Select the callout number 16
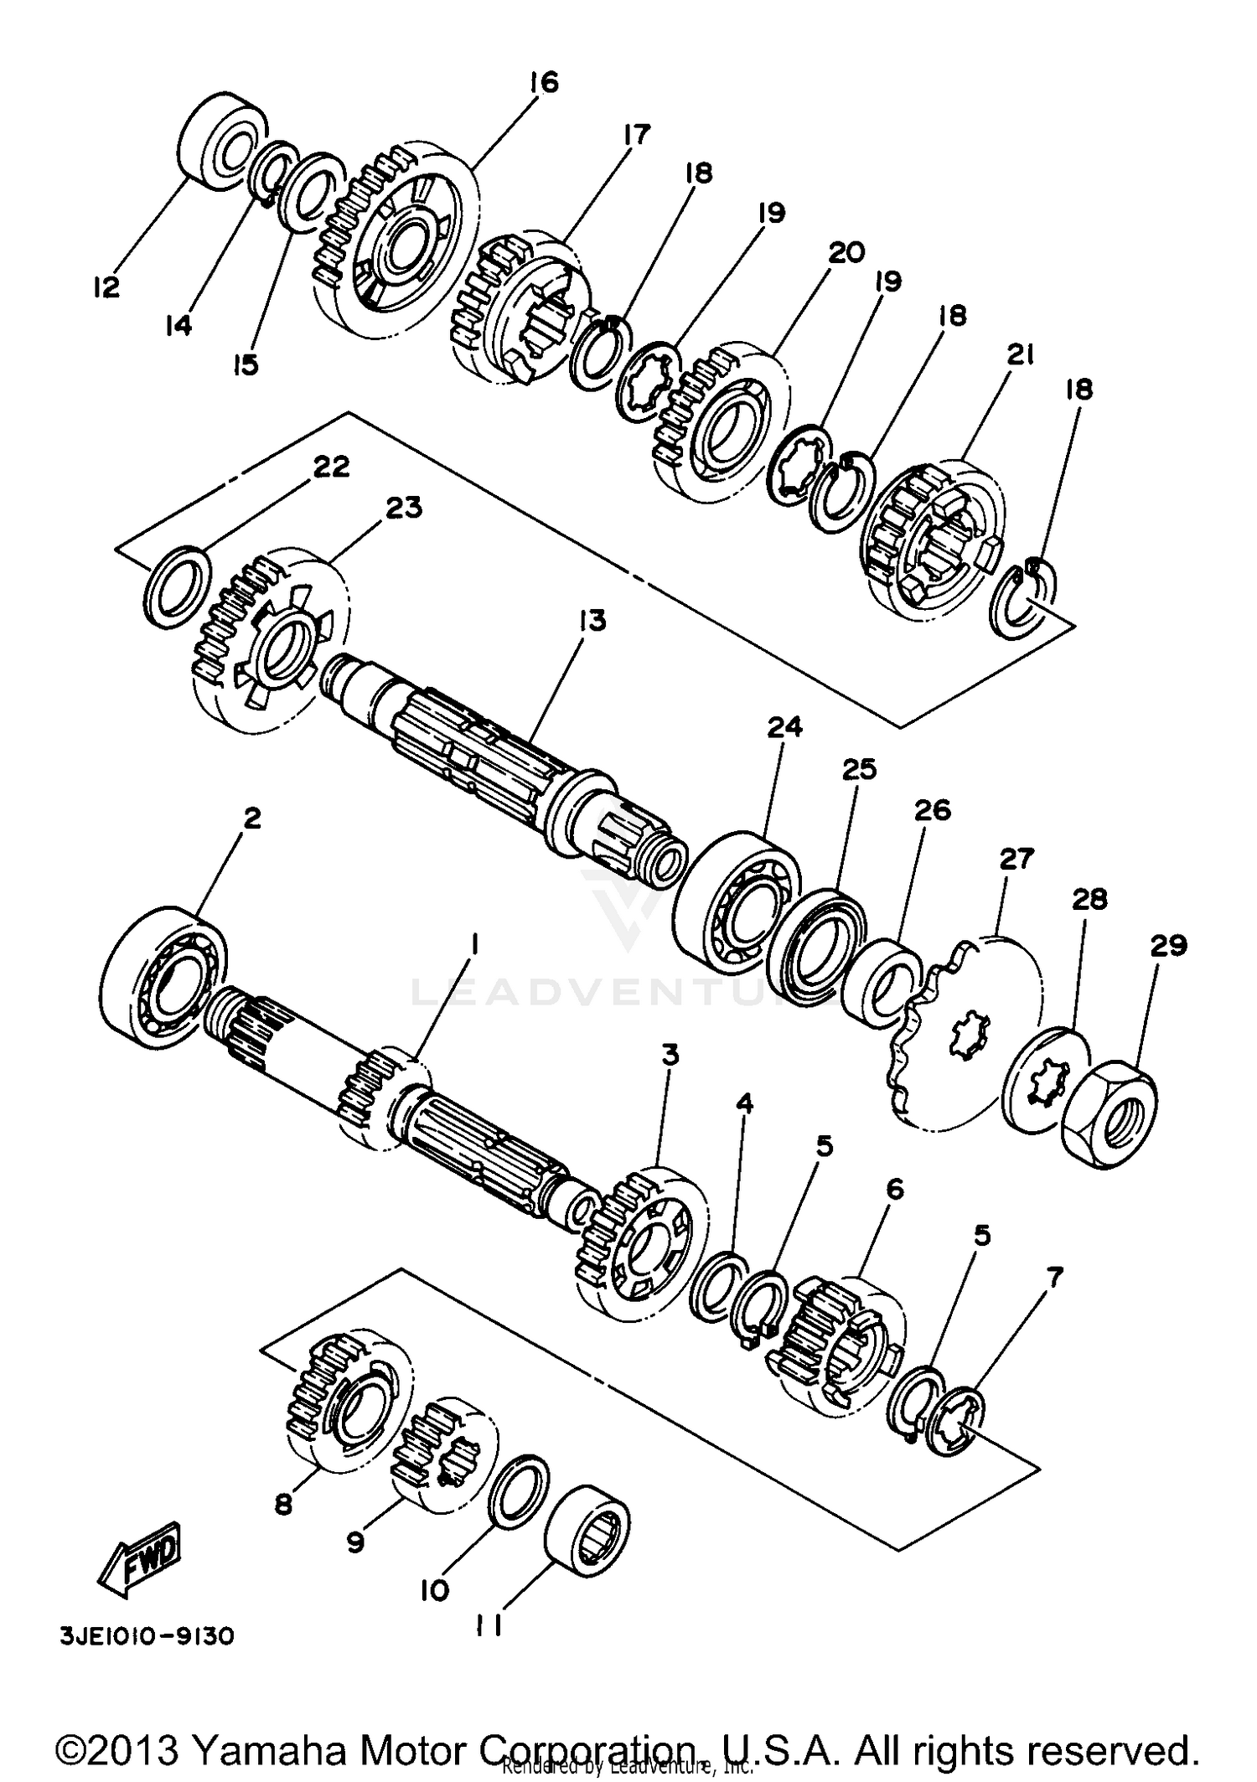point(543,82)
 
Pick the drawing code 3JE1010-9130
point(146,1637)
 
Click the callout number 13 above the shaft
point(591,620)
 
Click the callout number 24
point(784,727)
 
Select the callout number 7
point(1053,1278)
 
